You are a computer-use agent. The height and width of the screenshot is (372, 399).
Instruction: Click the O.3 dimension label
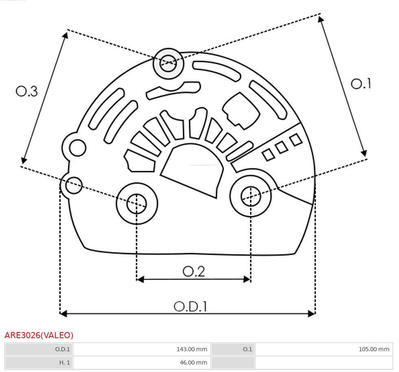point(27,91)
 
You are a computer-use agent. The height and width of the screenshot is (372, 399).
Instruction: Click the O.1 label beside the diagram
point(361,84)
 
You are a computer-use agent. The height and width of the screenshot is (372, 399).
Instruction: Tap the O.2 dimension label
point(193,271)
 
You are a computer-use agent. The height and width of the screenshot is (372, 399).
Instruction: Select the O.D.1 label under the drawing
point(191,306)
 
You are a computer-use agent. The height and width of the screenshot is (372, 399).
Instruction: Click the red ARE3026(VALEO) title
point(39,335)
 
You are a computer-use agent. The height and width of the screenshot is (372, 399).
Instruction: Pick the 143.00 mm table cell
point(141,349)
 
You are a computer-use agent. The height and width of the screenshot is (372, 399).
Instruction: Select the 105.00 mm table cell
point(324,349)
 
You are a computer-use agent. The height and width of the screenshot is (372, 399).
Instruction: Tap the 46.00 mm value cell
point(141,363)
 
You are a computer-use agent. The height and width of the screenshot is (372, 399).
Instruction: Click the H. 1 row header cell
point(39,363)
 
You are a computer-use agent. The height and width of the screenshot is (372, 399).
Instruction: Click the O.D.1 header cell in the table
point(39,349)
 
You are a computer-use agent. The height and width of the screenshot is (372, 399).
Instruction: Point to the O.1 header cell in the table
point(233,349)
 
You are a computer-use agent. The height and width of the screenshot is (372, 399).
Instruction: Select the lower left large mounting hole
point(137,203)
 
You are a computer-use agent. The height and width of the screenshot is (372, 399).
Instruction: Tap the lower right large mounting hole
point(251,197)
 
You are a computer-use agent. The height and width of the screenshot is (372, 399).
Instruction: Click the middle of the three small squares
point(281,147)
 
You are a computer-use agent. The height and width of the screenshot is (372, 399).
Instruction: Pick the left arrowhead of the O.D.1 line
point(63,313)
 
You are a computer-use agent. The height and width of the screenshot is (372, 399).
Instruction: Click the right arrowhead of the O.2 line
point(247,279)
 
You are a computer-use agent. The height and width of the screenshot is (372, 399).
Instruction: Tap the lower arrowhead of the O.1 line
point(364,153)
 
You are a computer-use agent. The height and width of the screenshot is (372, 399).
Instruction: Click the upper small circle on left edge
point(77,147)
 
